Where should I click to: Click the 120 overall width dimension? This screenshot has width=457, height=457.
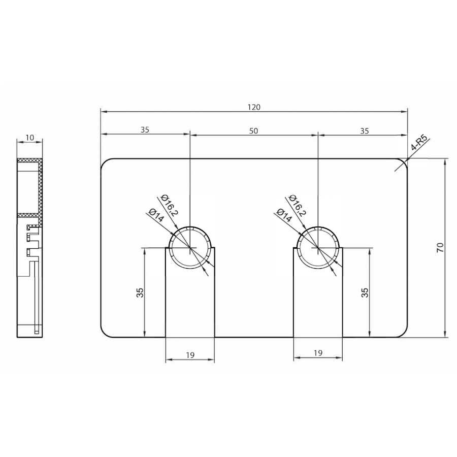[x=254, y=107]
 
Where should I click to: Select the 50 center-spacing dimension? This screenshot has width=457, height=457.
[x=253, y=131]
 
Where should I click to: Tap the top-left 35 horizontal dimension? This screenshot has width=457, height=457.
[x=145, y=129]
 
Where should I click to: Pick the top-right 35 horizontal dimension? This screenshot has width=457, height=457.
[x=365, y=131]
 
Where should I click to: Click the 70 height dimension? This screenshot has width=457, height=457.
[x=440, y=247]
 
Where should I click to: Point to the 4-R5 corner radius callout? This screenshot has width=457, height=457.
[x=420, y=142]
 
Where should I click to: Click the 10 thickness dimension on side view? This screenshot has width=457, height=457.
[x=30, y=137]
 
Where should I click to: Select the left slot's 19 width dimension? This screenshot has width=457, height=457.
[x=190, y=355]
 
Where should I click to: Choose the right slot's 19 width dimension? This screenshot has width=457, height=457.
[x=318, y=353]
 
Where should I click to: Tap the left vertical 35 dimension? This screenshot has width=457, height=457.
[x=140, y=292]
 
